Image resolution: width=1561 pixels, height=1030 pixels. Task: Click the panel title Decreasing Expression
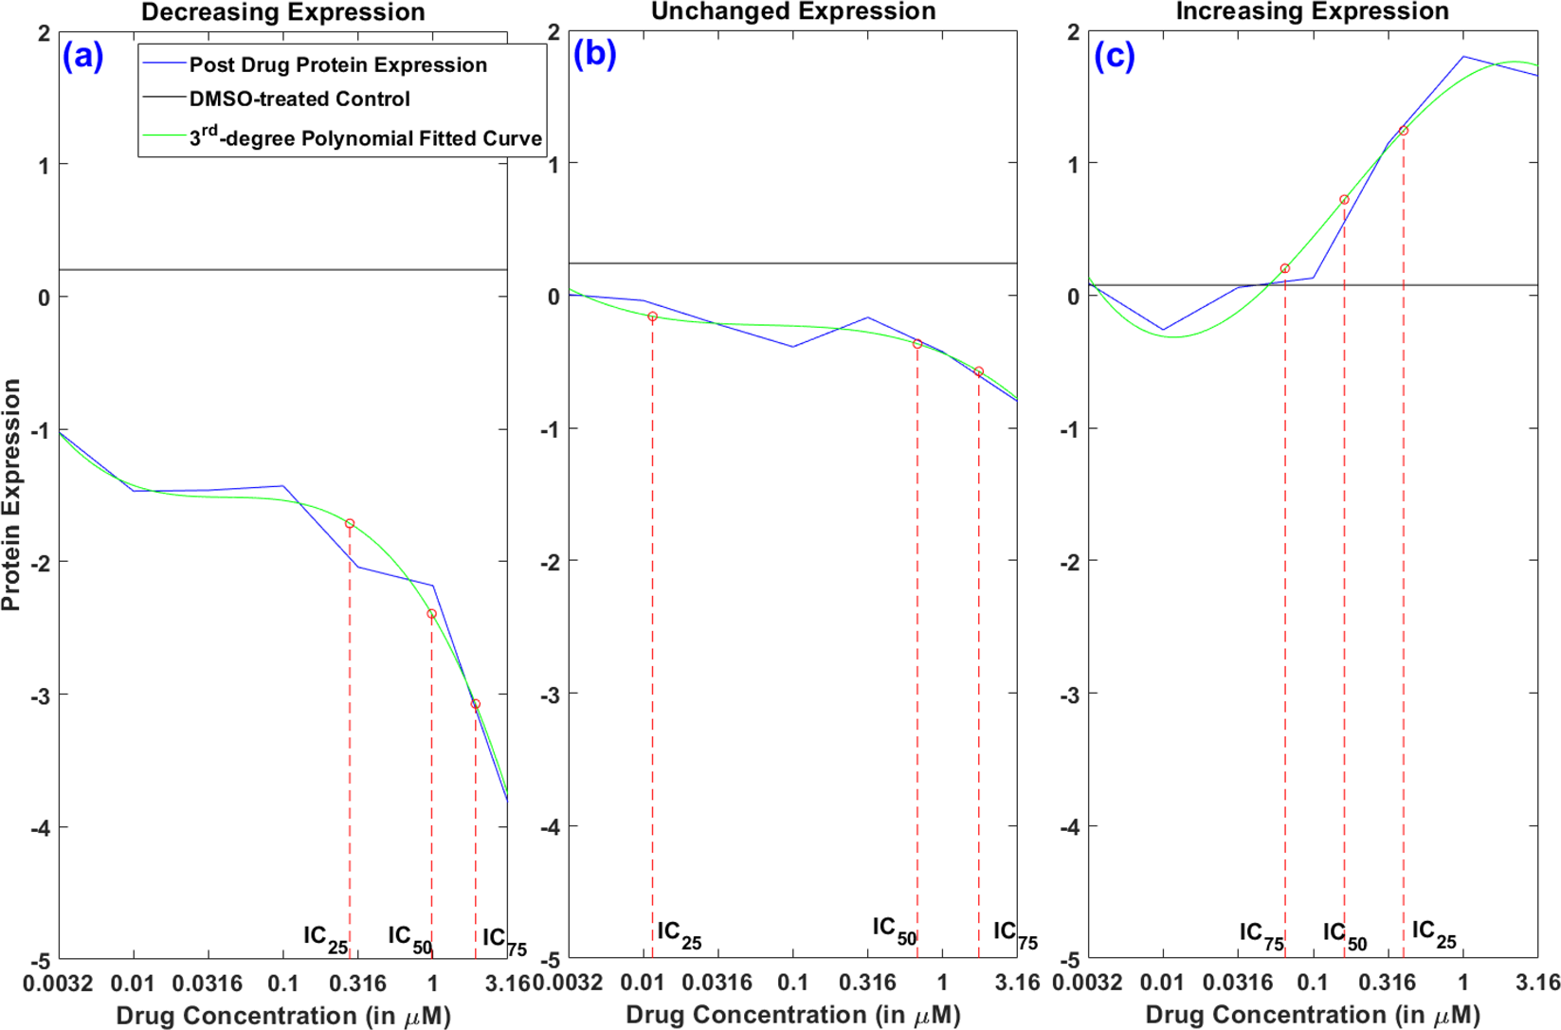[282, 12]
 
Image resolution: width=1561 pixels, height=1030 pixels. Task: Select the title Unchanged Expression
[793, 11]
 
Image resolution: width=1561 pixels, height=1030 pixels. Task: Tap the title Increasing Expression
[1312, 11]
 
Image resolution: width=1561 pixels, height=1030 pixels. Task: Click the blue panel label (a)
[82, 57]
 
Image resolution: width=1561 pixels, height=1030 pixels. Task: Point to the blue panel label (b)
[594, 54]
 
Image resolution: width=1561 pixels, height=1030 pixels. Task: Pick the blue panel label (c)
[1115, 56]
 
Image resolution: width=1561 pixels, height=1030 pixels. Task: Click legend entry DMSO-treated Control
[299, 99]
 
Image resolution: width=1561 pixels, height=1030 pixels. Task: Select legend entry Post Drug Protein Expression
[337, 64]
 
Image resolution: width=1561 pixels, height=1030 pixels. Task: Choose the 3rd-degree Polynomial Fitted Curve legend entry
[365, 137]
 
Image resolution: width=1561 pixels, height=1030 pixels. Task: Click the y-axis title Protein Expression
[11, 495]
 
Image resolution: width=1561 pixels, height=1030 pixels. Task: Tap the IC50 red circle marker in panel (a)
[431, 614]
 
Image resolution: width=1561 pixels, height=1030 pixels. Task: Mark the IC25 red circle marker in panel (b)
[652, 316]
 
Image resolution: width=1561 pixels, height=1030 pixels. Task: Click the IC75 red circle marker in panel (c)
[1285, 269]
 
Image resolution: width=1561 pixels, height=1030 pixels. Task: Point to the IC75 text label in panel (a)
[503, 940]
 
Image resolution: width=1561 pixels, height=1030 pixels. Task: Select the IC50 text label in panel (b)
[894, 930]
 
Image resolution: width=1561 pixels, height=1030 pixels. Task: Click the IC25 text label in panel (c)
[1433, 933]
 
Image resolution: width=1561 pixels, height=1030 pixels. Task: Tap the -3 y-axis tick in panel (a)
[40, 695]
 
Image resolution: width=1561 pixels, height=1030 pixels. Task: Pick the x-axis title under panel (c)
[1312, 1016]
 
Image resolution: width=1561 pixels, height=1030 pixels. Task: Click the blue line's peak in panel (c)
[1463, 56]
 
